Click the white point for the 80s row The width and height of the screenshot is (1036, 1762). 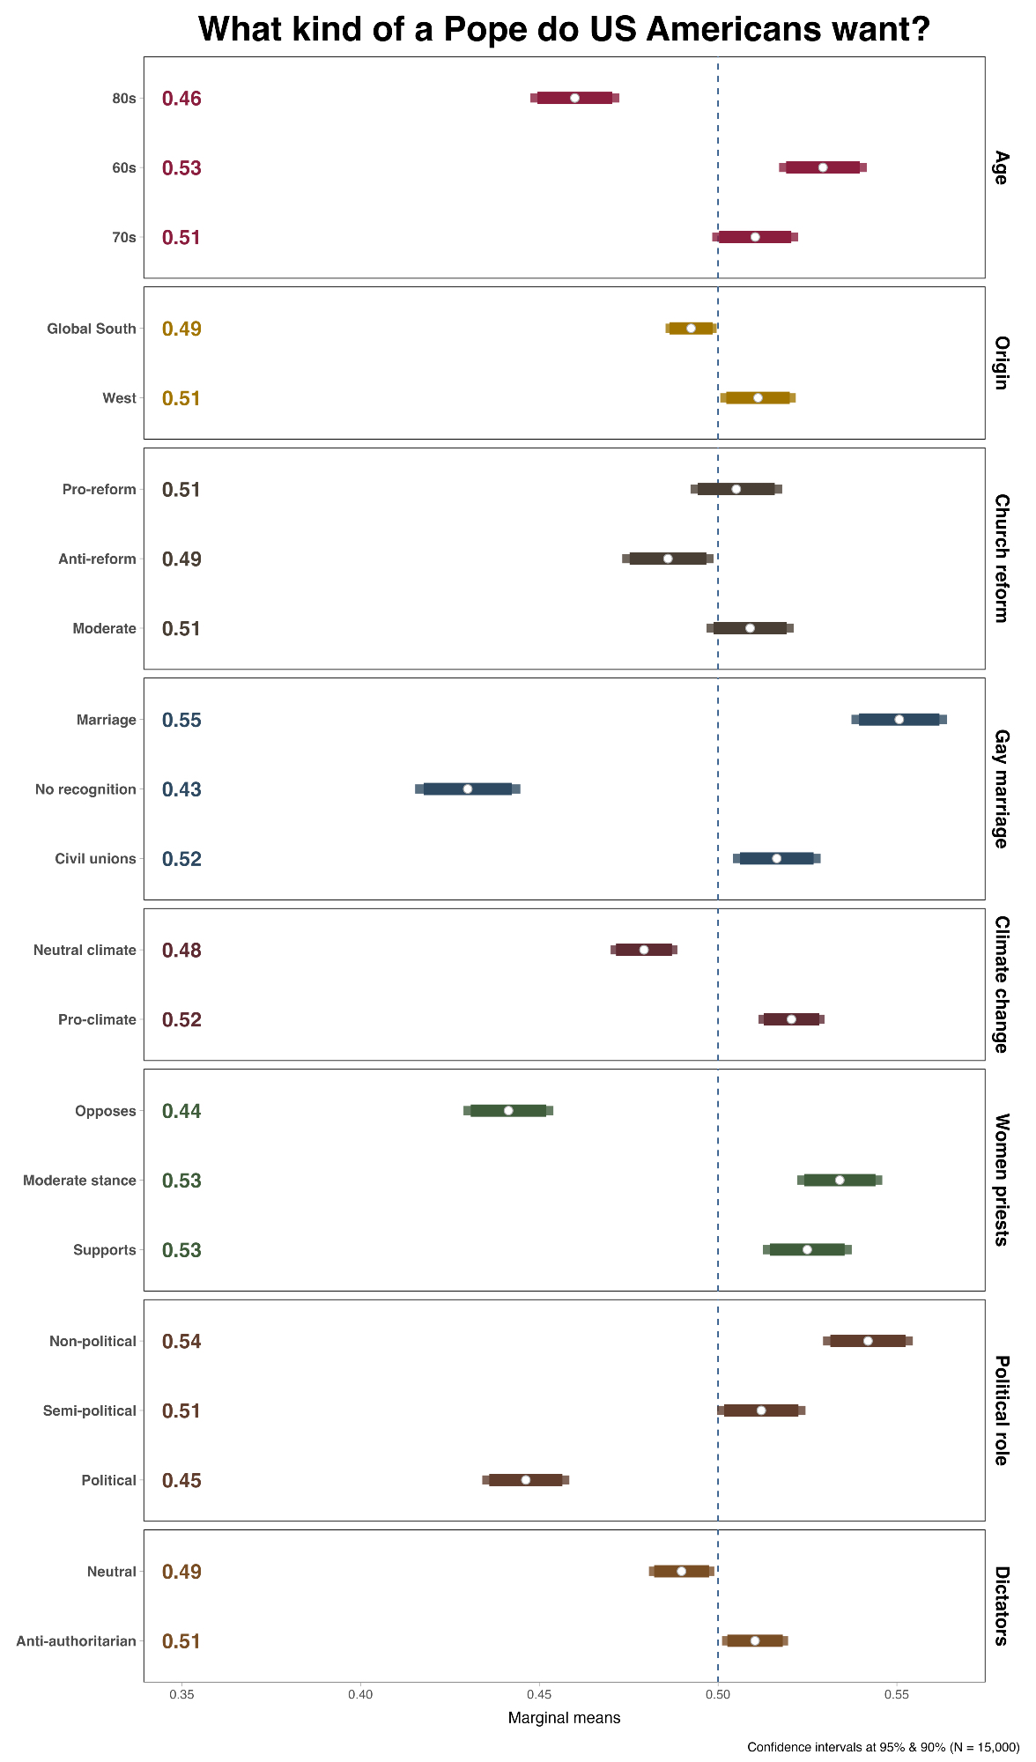[x=574, y=98]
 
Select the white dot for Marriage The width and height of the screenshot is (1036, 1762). [x=899, y=720]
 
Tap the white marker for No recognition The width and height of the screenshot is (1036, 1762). [x=468, y=789]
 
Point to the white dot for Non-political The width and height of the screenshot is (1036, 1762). [x=868, y=1341]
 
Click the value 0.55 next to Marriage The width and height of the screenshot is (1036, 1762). [x=181, y=720]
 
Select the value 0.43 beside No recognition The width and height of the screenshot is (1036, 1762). [x=181, y=789]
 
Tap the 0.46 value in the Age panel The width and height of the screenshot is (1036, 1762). [x=181, y=99]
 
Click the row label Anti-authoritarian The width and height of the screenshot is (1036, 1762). [x=77, y=1641]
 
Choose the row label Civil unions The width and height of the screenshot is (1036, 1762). [x=95, y=859]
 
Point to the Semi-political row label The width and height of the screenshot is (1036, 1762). [x=90, y=1410]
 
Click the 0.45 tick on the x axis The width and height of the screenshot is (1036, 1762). [x=539, y=1694]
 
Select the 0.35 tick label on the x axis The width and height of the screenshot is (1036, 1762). [x=181, y=1694]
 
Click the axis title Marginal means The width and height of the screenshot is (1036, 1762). [x=564, y=1718]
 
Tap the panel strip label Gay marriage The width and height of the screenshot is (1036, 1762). [x=1001, y=789]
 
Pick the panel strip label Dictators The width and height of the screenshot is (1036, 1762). [x=1001, y=1605]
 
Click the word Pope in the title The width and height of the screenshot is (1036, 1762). [x=483, y=30]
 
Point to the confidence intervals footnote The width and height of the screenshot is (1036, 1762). [x=883, y=1747]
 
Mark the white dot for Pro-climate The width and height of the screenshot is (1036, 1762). [x=791, y=1019]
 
